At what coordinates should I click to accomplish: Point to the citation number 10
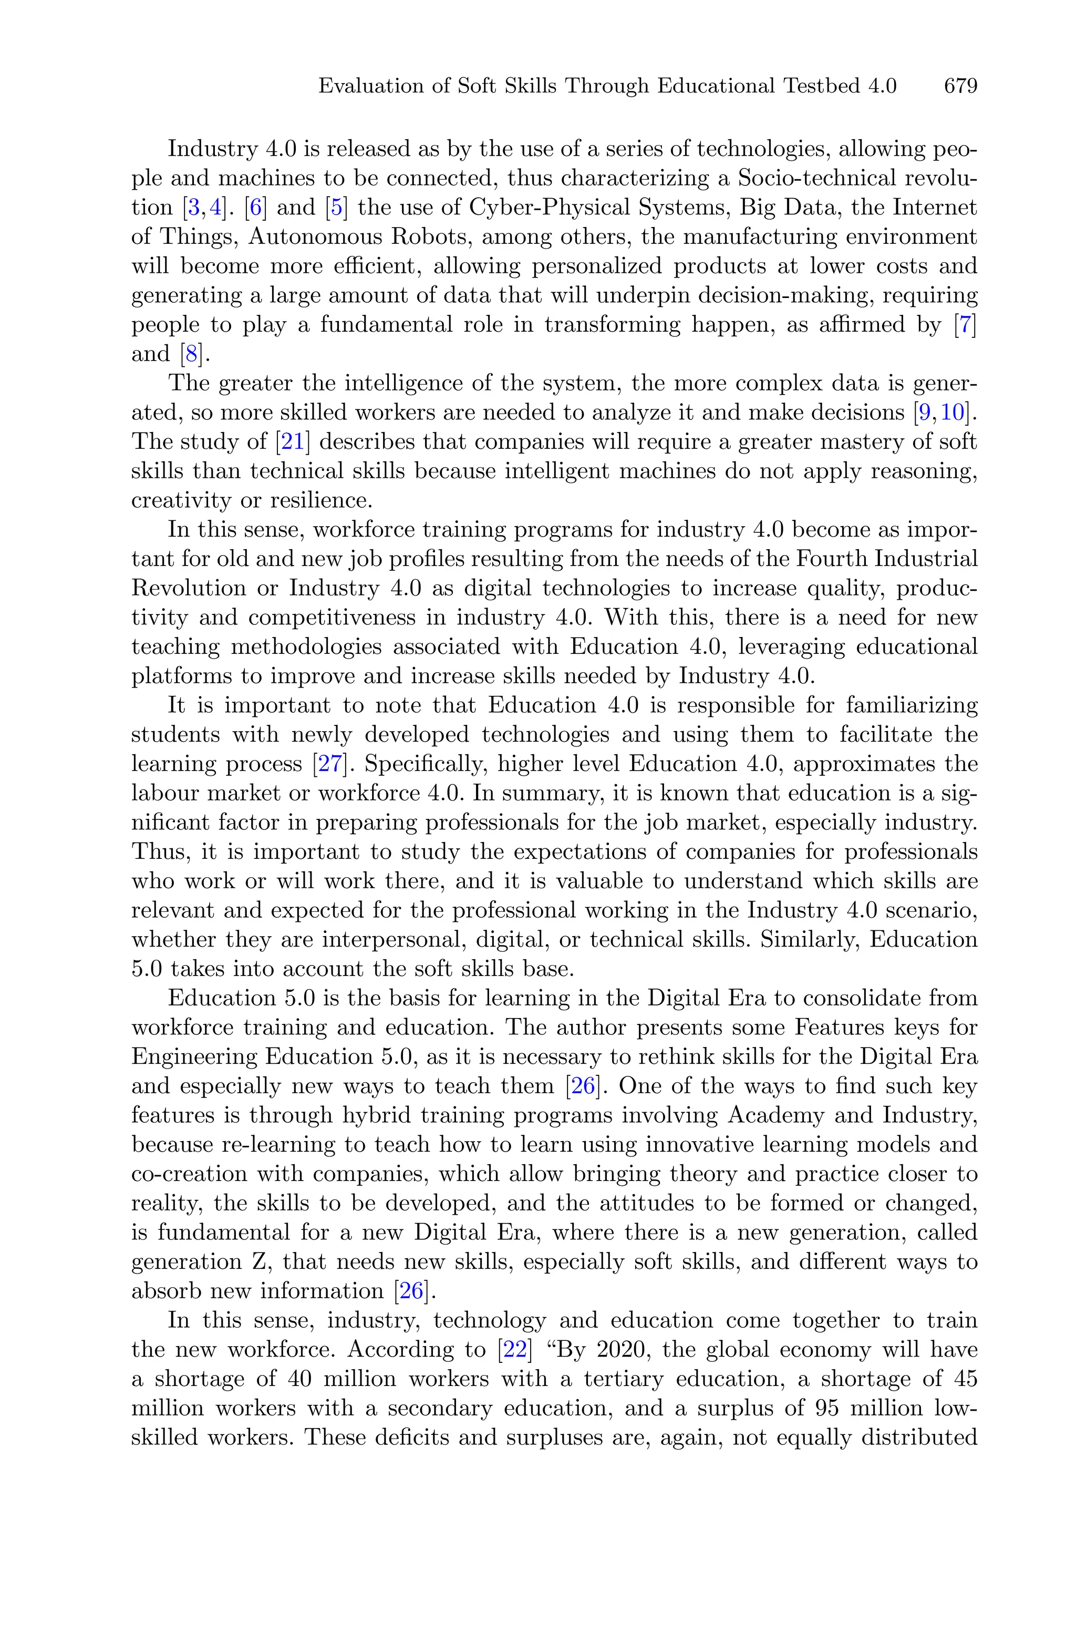click(x=953, y=413)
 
